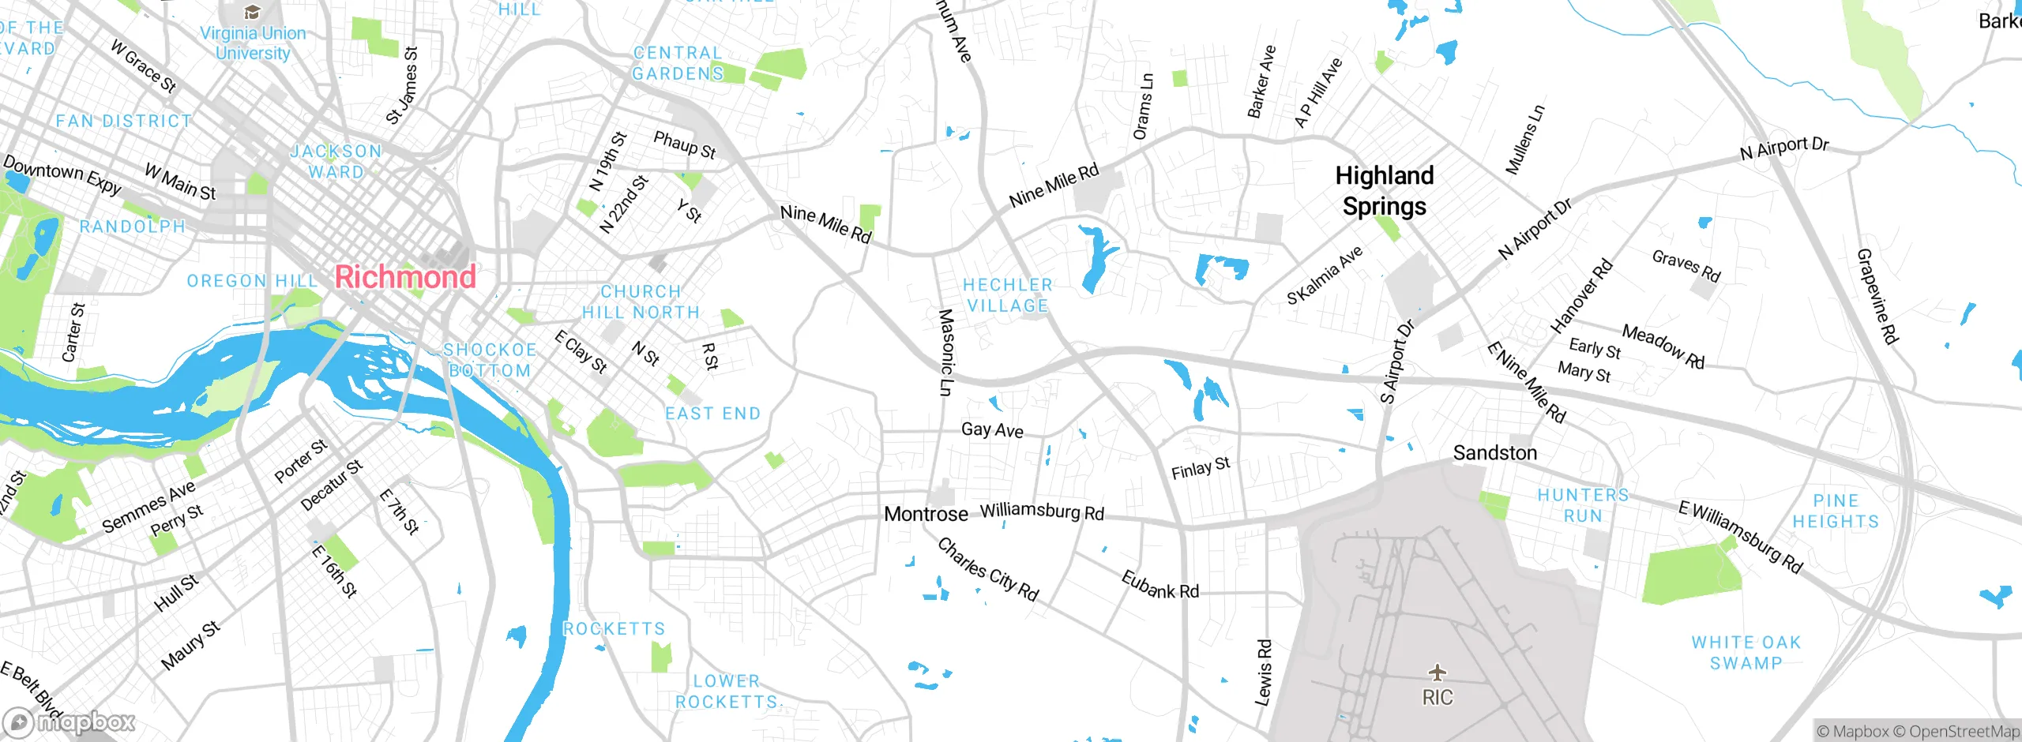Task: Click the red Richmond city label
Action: [405, 277]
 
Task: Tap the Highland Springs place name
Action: [1384, 191]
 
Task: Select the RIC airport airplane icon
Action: [1437, 673]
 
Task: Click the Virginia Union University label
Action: [253, 43]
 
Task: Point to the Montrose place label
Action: [926, 515]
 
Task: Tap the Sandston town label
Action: [1494, 453]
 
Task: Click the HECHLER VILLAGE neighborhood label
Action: [1007, 295]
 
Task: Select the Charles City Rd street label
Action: [987, 569]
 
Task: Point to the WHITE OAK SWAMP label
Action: [1746, 653]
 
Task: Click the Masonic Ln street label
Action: [945, 352]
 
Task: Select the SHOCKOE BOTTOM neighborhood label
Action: [490, 360]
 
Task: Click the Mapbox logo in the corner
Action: [70, 721]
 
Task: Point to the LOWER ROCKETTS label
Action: [726, 691]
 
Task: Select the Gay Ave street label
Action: [992, 430]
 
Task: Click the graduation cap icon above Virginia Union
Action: [252, 12]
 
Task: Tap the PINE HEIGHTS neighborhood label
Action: [1836, 512]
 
